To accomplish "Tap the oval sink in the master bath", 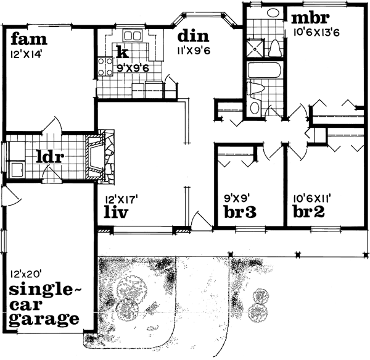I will coord(272,13).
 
